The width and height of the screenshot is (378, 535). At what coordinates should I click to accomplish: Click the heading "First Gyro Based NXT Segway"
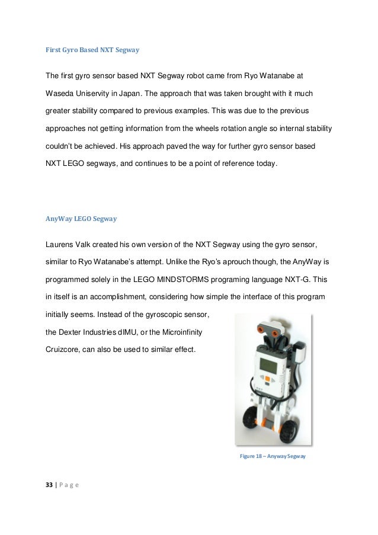click(92, 50)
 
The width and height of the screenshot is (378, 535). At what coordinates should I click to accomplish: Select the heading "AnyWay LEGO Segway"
click(81, 219)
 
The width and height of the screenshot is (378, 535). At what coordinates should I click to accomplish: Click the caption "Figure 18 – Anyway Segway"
click(273, 456)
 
